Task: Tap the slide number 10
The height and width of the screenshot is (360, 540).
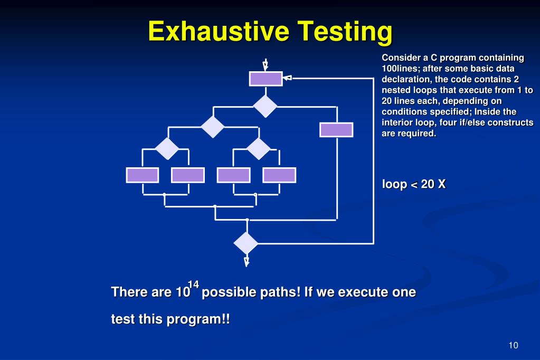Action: point(514,345)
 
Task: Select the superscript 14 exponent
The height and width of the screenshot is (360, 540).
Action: point(194,285)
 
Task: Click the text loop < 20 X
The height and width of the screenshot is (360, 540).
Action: point(414,184)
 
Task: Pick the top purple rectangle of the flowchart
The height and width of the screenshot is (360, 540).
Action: point(266,78)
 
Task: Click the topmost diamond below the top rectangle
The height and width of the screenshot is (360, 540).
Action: point(265,107)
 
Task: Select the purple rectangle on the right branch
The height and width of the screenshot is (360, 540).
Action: point(336,130)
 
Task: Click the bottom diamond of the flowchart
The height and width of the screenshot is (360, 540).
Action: point(246,243)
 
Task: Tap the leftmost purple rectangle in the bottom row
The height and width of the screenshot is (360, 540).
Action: point(142,175)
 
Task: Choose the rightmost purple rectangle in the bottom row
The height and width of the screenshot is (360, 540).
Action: point(279,175)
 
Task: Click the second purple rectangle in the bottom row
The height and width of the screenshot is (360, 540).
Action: point(187,175)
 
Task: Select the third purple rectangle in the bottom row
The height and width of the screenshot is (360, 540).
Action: point(233,175)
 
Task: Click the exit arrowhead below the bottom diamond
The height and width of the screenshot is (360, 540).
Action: point(247,261)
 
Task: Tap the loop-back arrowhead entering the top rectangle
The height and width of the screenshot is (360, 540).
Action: point(288,78)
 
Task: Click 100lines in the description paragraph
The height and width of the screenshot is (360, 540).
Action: point(400,69)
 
